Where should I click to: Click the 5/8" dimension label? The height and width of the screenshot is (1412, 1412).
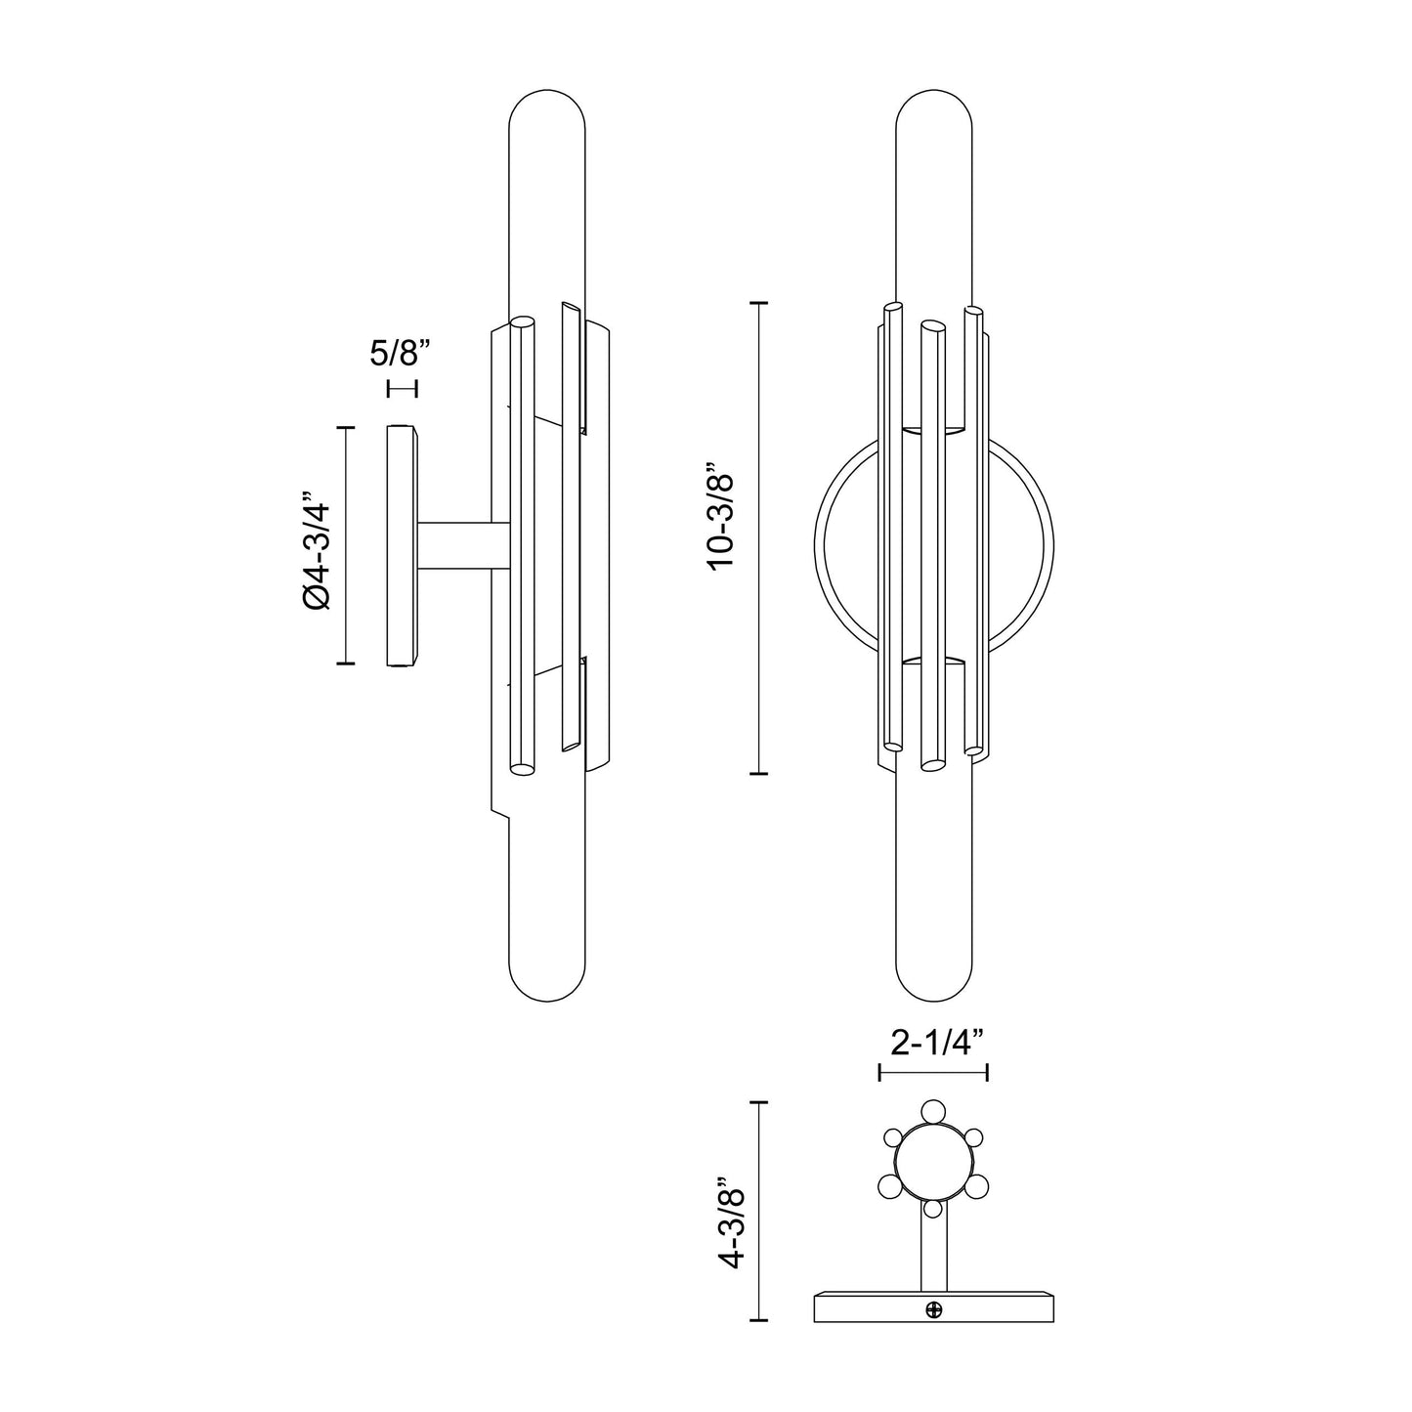coord(401,353)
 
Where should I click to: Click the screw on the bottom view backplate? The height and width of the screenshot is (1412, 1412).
coord(934,1309)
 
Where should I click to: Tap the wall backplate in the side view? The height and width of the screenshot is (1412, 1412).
coord(401,545)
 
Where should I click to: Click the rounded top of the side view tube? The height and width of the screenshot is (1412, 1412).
coord(548,107)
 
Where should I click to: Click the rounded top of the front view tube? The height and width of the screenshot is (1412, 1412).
coord(935,107)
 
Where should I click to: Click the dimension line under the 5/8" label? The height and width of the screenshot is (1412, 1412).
coord(402,388)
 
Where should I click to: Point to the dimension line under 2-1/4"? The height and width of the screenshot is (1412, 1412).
coord(934,1073)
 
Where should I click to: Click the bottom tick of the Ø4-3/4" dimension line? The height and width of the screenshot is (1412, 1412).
coord(345,663)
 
